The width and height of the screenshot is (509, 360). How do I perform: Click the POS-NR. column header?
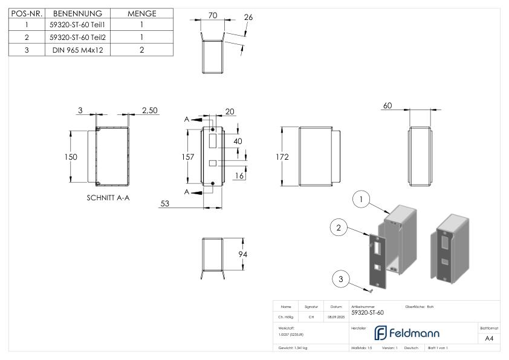coord(26,13)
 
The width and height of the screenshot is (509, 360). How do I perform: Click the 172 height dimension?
coord(282,157)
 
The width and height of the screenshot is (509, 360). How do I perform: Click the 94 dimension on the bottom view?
coord(242,254)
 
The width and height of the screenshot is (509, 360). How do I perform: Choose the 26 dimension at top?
coord(248,17)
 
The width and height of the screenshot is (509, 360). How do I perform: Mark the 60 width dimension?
coord(387,106)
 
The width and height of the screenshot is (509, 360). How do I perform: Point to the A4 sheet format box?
coord(490,339)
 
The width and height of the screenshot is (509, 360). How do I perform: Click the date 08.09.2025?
coord(336,316)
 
